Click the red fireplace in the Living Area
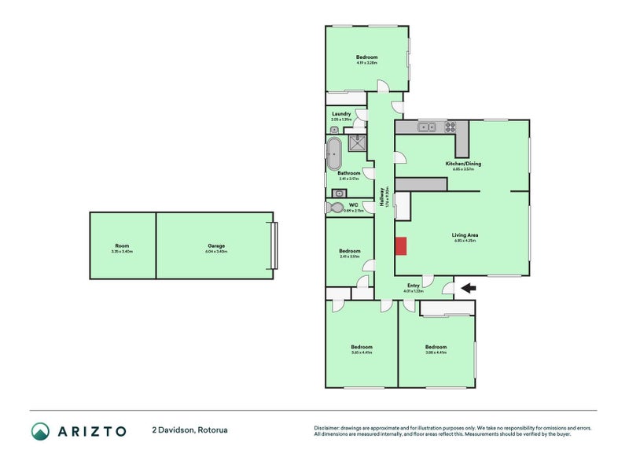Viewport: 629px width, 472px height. click(401, 246)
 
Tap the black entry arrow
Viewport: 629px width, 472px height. click(468, 288)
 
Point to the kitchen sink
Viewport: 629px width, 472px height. click(427, 127)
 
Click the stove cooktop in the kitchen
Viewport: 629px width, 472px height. click(452, 127)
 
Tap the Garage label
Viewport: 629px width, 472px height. click(216, 245)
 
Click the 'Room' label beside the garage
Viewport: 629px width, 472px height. click(122, 245)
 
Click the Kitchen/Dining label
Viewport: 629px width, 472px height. click(462, 164)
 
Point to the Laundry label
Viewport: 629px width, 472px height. click(341, 113)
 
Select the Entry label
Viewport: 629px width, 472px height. click(413, 286)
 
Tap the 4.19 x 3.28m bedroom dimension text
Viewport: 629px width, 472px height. click(366, 63)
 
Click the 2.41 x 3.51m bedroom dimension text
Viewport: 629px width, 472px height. click(349, 256)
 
